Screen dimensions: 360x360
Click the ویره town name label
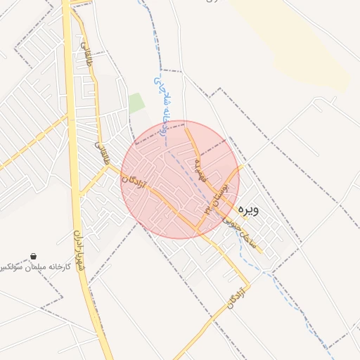tap(249, 209)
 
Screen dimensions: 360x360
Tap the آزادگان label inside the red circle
tap(134, 172)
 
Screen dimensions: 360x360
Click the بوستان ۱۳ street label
tap(216, 196)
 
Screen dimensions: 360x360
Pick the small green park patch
tap(136, 103)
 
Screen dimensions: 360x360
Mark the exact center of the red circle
tap(180, 180)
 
